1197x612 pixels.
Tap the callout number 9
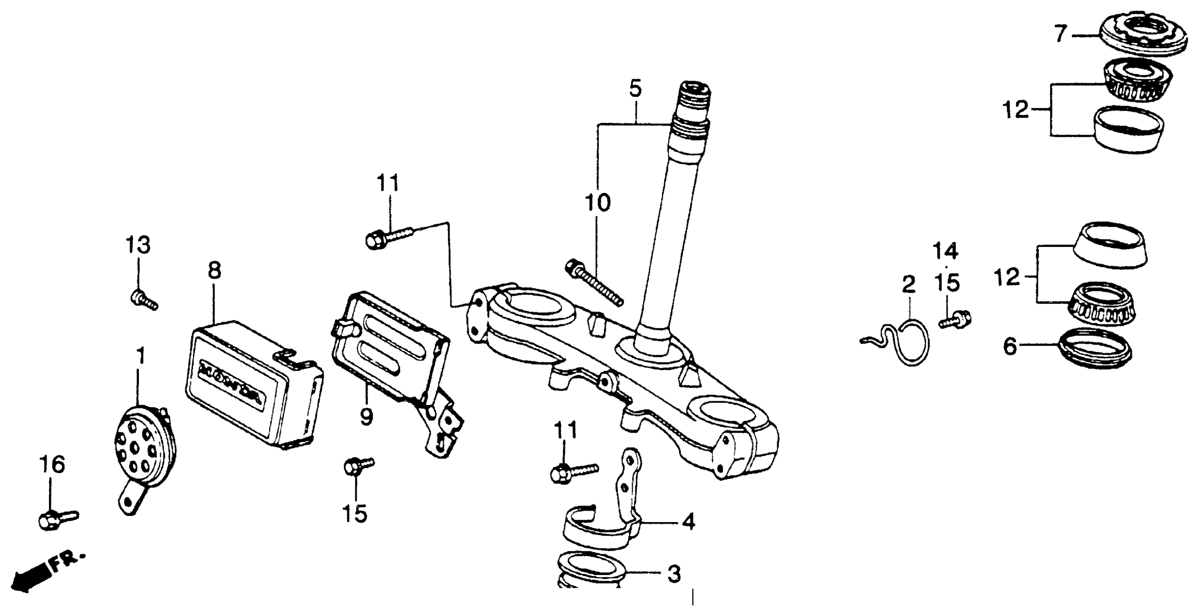pyautogui.click(x=366, y=417)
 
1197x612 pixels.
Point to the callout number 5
pyautogui.click(x=635, y=88)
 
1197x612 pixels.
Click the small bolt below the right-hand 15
pyautogui.click(x=955, y=320)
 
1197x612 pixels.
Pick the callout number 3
pyautogui.click(x=674, y=574)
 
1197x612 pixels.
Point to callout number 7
pyautogui.click(x=1061, y=34)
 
